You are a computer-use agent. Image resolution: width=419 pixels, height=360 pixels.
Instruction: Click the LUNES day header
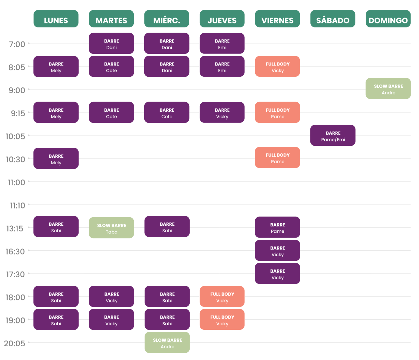56,19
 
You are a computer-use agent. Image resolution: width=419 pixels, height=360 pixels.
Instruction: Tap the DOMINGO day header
388,19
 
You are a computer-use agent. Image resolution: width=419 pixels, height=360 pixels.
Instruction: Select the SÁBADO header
333,19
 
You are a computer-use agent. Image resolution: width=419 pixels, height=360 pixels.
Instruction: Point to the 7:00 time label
17,44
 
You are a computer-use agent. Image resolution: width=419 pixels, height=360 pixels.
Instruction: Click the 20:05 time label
15,343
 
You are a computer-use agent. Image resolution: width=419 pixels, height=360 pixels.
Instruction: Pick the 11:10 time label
18,206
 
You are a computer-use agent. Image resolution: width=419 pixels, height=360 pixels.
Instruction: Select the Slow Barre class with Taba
111,228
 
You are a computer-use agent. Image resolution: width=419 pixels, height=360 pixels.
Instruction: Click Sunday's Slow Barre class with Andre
388,88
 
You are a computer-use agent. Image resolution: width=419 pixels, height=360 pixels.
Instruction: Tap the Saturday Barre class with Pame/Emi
333,135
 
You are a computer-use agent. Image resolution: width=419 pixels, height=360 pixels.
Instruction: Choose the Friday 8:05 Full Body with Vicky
277,66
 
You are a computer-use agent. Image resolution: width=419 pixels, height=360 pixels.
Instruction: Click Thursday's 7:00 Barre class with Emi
222,43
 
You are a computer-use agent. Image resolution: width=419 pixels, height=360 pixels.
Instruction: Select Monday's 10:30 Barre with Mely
56,158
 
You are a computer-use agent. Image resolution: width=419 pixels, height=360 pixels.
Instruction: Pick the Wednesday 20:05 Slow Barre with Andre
167,342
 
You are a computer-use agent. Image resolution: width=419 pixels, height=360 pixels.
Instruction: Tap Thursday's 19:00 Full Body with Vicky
222,319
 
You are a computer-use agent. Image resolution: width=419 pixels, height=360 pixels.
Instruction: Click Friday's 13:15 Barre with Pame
277,227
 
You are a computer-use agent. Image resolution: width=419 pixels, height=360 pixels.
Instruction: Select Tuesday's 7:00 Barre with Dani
111,43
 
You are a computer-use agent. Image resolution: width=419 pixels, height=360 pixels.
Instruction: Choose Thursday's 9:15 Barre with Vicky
222,112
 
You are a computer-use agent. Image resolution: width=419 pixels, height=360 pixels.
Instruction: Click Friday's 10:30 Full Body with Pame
277,157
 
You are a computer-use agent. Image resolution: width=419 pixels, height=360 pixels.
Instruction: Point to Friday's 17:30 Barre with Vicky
277,273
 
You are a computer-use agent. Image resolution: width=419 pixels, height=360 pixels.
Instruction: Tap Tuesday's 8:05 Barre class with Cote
111,66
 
